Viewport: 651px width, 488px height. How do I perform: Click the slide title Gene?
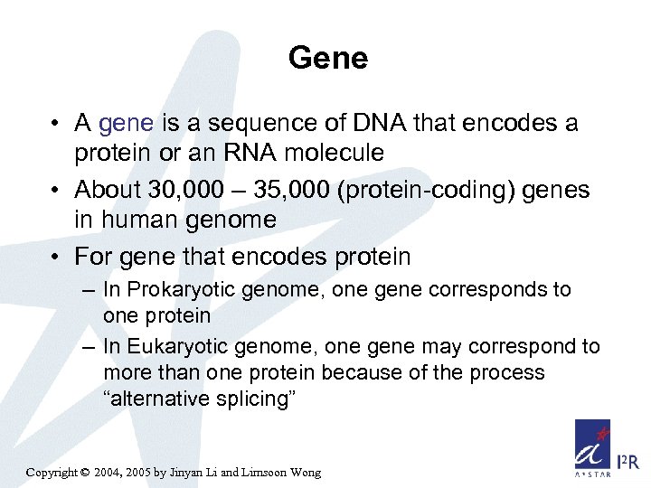coord(328,59)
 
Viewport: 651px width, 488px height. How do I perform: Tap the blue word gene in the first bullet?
coord(127,124)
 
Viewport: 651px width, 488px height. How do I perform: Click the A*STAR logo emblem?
coord(593,446)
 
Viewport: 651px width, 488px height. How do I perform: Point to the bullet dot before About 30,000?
coord(56,190)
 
